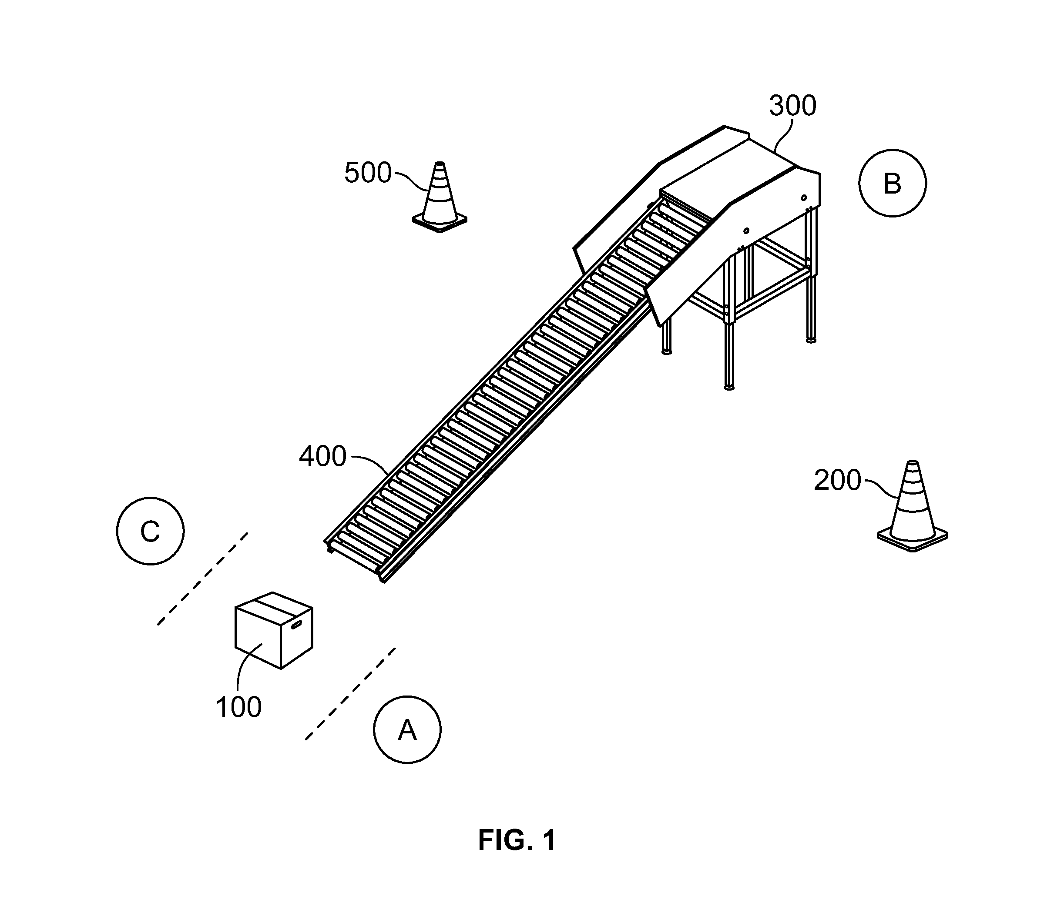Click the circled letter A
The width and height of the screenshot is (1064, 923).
(x=407, y=730)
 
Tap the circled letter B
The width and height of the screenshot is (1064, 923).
(x=893, y=183)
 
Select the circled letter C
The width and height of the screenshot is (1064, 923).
(x=150, y=531)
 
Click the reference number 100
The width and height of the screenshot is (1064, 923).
(x=238, y=707)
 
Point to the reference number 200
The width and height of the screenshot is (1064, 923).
(x=837, y=481)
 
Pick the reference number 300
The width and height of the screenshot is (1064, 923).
(x=792, y=106)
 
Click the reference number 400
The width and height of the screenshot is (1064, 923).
(x=322, y=456)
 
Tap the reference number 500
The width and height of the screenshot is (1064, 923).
(x=368, y=173)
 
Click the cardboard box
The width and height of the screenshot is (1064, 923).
(x=274, y=630)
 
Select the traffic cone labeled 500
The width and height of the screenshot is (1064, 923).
(x=440, y=197)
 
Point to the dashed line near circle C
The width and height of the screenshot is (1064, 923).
(x=202, y=579)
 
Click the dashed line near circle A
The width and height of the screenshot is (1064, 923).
(x=350, y=694)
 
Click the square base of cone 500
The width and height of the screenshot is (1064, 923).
(x=440, y=222)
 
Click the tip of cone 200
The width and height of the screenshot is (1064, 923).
(x=913, y=461)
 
